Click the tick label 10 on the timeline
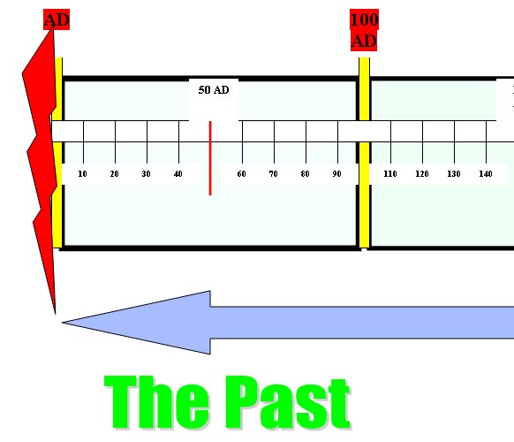pyautogui.click(x=82, y=173)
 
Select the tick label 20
pyautogui.click(x=114, y=173)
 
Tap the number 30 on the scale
pyautogui.click(x=146, y=173)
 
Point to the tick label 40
pyautogui.click(x=178, y=173)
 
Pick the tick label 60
pyautogui.click(x=241, y=173)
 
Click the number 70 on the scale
pyautogui.click(x=273, y=173)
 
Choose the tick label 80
pyautogui.click(x=305, y=173)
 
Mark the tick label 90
pyautogui.click(x=336, y=173)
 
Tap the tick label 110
pyautogui.click(x=390, y=173)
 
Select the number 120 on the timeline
pyautogui.click(x=422, y=173)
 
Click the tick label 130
pyautogui.click(x=454, y=173)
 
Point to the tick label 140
pyautogui.click(x=486, y=173)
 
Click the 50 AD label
pyautogui.click(x=214, y=90)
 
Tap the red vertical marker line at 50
pyautogui.click(x=210, y=158)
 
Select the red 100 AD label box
pyautogui.click(x=364, y=30)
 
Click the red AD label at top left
pyautogui.click(x=57, y=19)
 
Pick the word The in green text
pyautogui.click(x=156, y=402)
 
